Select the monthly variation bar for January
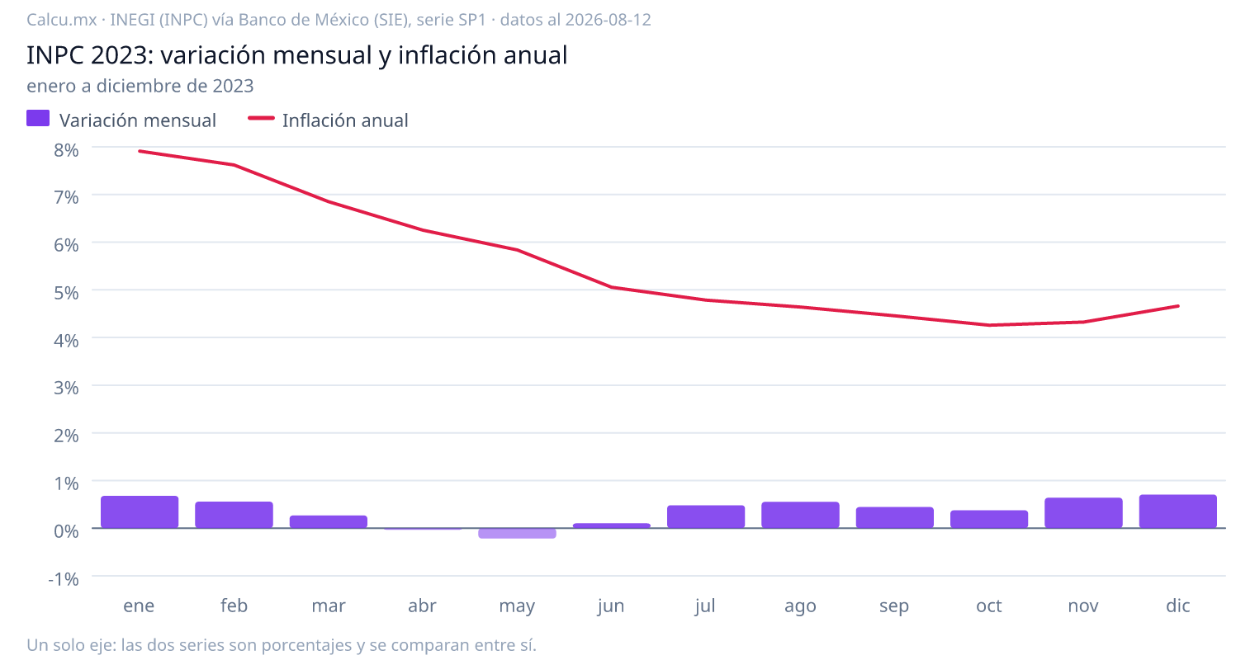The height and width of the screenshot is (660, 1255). pos(140,511)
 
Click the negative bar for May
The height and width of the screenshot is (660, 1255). pos(517,533)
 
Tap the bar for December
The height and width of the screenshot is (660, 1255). pos(1177,511)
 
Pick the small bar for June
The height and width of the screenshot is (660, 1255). pos(611,526)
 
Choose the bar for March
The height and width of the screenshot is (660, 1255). pos(329,521)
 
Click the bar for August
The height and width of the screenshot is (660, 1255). pos(800,515)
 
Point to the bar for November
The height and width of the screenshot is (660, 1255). pos(1083,513)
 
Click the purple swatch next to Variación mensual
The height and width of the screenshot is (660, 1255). pos(38,118)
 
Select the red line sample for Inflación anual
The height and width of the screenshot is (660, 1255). pos(261,118)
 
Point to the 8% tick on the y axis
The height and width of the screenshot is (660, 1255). pos(66,150)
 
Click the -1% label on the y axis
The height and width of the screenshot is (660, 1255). pos(64,579)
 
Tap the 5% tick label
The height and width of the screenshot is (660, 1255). pos(66,293)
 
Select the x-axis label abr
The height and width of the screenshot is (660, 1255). pos(423,606)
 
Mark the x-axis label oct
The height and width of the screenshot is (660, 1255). pos(989,606)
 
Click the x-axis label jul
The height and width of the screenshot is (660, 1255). pos(705,606)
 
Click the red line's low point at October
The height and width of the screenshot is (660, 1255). pos(989,325)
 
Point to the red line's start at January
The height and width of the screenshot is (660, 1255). pos(140,151)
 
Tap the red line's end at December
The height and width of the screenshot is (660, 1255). pos(1177,306)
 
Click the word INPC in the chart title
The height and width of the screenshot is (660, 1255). pos(55,55)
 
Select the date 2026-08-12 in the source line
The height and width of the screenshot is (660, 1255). pos(608,20)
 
